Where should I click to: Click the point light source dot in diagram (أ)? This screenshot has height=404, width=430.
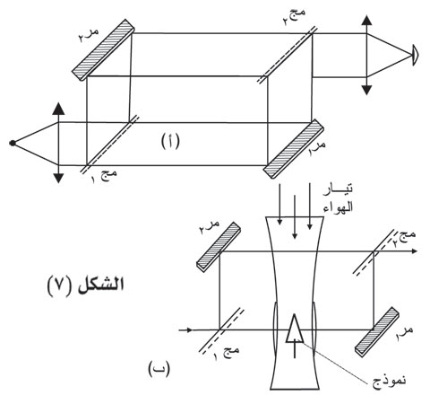(13, 143)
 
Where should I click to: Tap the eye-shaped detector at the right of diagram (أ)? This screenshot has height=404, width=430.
(415, 55)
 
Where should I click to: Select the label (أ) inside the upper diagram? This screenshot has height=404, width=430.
(170, 141)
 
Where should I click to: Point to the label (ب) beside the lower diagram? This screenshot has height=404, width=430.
(159, 369)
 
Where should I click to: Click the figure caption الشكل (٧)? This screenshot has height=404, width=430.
(86, 284)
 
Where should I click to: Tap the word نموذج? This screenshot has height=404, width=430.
(389, 381)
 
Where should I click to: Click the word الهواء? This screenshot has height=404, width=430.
(338, 206)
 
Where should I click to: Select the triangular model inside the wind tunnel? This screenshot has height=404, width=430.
(295, 329)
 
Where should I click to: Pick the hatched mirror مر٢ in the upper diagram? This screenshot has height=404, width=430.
(103, 50)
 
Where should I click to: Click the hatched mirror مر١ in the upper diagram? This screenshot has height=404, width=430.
(294, 149)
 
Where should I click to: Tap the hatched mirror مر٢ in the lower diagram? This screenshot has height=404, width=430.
(219, 247)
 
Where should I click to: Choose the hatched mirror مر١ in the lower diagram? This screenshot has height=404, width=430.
(377, 332)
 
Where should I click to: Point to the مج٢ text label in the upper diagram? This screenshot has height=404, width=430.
(295, 17)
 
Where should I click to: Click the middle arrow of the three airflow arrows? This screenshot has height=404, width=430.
(295, 217)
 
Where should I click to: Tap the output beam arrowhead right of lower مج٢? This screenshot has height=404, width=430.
(413, 251)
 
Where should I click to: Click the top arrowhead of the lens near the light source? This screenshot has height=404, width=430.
(58, 109)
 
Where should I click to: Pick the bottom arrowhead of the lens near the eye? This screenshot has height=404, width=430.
(366, 90)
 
